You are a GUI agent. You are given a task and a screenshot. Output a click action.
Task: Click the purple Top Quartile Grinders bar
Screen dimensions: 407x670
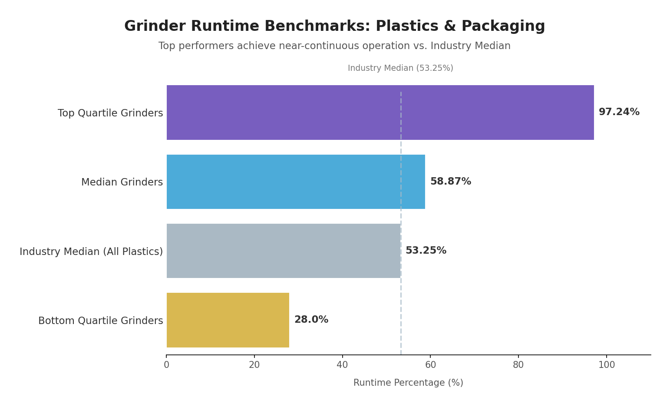point(380,113)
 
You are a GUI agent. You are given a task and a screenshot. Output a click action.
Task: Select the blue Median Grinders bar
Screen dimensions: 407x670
point(295,182)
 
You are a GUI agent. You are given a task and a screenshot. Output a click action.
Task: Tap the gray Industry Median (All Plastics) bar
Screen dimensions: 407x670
point(283,251)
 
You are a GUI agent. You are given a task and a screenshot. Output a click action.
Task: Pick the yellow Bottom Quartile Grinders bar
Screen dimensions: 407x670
point(228,320)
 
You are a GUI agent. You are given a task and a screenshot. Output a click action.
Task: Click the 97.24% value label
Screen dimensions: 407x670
point(619,112)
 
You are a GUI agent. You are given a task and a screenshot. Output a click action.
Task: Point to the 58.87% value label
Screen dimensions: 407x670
point(450,182)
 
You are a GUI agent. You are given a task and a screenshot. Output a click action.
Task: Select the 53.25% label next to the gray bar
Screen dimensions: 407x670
point(426,251)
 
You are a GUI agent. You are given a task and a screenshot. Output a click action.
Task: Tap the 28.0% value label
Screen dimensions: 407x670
point(311,320)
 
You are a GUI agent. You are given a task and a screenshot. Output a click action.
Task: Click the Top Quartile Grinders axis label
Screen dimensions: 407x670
point(110,113)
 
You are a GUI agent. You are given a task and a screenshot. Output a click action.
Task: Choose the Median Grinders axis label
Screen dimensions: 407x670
point(122,182)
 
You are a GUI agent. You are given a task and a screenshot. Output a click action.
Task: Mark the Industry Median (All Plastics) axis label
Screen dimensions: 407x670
point(91,252)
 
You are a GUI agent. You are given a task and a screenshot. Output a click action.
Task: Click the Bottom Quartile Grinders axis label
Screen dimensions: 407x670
point(101,321)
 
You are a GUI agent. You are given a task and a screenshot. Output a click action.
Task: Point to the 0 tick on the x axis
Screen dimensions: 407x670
point(166,365)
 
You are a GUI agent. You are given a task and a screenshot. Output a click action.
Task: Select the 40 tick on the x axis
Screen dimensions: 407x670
point(342,365)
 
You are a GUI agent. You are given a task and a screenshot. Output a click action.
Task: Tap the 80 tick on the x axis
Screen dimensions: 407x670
point(518,365)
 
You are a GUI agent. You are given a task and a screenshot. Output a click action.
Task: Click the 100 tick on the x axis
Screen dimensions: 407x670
point(606,365)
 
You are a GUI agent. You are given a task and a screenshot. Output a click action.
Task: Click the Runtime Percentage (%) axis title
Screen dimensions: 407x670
point(408,383)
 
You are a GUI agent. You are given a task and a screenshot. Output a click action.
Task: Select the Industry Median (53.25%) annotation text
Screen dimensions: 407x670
point(400,69)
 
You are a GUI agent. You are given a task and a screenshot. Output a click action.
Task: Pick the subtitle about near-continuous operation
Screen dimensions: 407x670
point(334,46)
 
